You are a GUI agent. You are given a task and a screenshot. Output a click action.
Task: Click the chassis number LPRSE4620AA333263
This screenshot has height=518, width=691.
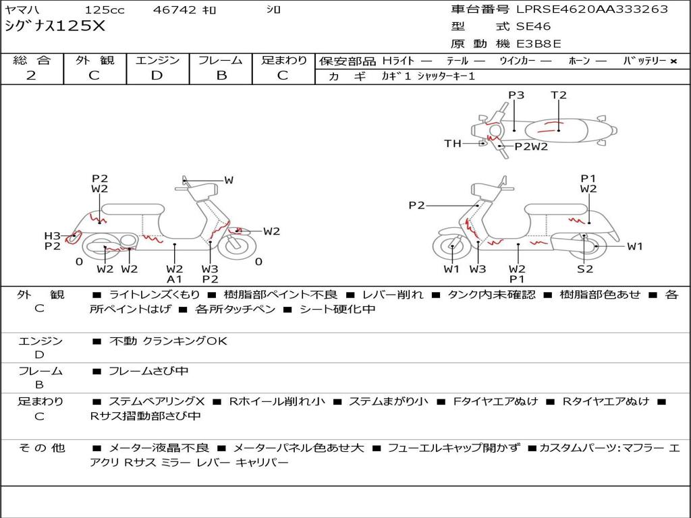(592, 9)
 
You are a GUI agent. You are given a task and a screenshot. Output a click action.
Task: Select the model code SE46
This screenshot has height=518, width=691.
(533, 26)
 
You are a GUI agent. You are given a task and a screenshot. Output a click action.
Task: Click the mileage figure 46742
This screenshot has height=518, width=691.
(174, 9)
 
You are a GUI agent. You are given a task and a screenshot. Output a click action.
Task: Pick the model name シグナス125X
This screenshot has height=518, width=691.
(55, 26)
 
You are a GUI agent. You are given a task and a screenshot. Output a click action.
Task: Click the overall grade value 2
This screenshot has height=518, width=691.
(31, 76)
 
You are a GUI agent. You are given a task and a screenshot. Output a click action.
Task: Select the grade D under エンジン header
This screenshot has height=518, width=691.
(157, 76)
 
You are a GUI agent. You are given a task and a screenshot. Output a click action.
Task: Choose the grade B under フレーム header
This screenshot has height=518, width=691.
(221, 76)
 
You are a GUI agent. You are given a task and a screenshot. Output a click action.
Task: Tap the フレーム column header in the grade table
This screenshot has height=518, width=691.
(221, 60)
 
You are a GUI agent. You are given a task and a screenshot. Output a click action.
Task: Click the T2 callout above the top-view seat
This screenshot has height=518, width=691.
(558, 94)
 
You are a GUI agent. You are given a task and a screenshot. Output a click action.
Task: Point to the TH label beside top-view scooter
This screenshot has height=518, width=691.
(453, 143)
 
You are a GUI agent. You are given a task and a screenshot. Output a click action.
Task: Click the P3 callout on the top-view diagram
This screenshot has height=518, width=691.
(516, 94)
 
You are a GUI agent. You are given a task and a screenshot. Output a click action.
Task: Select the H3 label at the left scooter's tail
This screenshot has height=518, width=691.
(52, 235)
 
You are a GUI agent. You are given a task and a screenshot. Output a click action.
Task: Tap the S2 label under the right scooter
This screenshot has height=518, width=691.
(585, 268)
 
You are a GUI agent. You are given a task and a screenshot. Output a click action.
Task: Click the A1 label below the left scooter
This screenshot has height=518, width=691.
(174, 279)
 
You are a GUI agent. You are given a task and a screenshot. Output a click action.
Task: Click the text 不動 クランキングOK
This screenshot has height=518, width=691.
(168, 341)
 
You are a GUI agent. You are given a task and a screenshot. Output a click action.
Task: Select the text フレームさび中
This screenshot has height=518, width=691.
(148, 371)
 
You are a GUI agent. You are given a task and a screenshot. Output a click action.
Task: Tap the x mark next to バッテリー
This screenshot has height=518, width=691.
(673, 61)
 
